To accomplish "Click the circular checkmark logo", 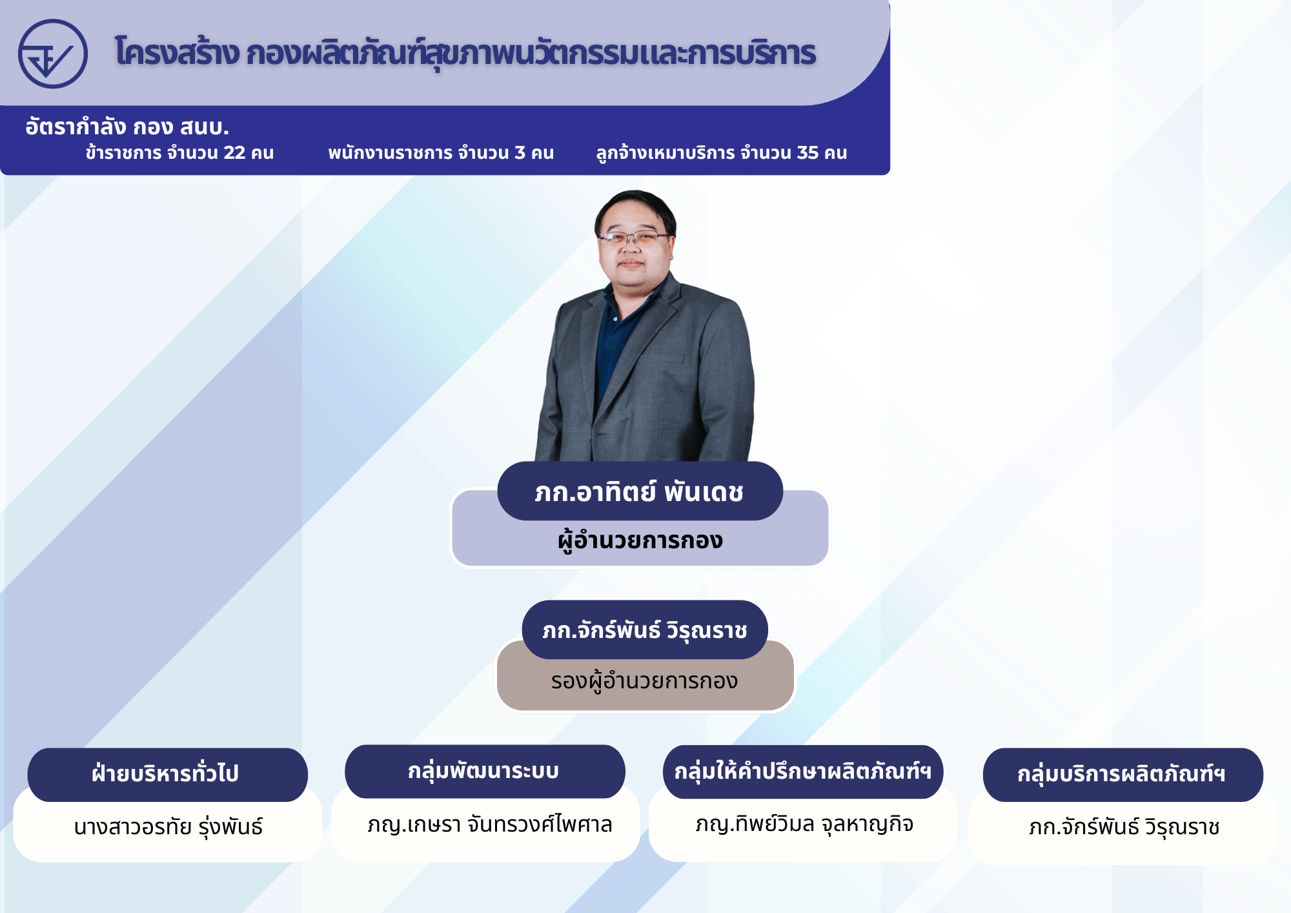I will pos(53,54).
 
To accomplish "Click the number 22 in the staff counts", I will pos(234,153).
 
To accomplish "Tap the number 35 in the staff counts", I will pos(808,153).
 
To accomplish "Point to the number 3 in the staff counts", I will pos(520,153).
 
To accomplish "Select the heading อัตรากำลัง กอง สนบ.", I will pos(127,127).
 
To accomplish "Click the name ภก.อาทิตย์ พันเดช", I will pos(639,492).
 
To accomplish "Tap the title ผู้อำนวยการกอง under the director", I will pos(640,540).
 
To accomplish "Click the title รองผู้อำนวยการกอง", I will pos(644,681).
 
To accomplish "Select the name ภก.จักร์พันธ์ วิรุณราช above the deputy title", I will pos(645,630).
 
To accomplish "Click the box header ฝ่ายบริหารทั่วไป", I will pos(167,774).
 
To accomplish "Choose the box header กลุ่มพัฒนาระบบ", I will pos(484,771).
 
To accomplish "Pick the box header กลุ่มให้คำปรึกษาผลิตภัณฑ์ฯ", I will pos(802,772).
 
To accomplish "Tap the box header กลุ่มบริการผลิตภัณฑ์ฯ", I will pos(1122,774).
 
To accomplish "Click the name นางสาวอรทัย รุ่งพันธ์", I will pos(168,827).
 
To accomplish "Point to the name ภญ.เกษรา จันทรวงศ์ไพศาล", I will pos(489,825).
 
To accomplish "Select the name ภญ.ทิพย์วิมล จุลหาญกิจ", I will pos(804,825).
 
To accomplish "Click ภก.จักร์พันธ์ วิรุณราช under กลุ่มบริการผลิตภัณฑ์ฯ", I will pos(1124,827).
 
